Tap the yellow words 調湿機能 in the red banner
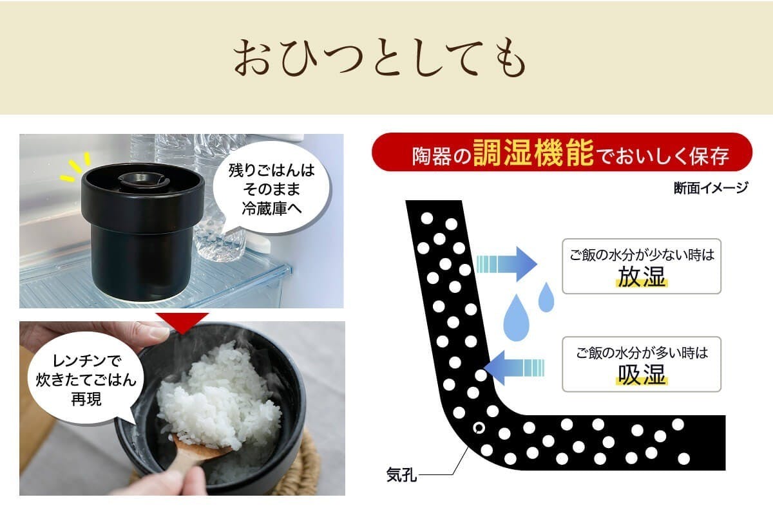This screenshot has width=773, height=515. tap(533, 153)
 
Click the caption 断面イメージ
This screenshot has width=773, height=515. tap(711, 188)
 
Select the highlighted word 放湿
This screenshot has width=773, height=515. tap(642, 277)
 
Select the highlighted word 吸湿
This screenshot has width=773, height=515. tap(642, 375)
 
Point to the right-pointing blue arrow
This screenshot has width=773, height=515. tap(507, 264)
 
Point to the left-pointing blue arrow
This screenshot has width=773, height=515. tap(514, 368)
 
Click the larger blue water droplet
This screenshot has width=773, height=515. tap(516, 318)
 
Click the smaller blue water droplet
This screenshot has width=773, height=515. tap(546, 297)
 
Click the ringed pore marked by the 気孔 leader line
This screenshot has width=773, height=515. tap(479, 428)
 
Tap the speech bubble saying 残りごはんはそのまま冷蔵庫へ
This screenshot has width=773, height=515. tap(271, 189)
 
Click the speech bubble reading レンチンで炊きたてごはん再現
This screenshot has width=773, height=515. tap(85, 379)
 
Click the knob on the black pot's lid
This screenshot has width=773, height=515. tap(141, 180)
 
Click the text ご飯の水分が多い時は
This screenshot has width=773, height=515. tap(642, 353)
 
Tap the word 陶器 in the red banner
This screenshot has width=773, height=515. tap(432, 156)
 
